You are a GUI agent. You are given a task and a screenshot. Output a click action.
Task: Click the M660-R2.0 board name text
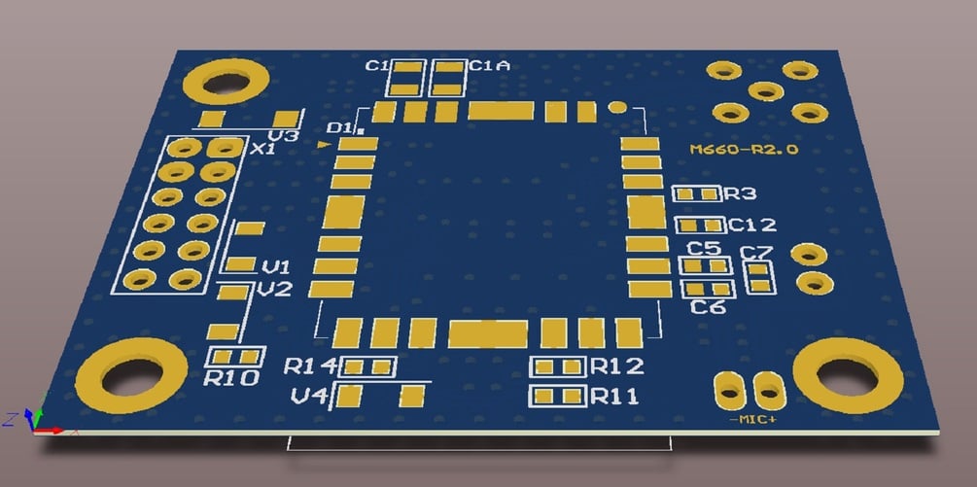[744, 150]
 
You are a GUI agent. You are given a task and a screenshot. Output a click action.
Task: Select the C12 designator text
[753, 226]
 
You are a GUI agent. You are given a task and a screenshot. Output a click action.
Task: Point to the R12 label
[617, 366]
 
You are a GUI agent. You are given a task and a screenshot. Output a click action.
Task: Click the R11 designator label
[614, 397]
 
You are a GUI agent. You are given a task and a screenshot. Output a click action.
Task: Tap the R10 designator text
[232, 378]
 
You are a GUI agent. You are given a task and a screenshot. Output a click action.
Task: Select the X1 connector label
[263, 151]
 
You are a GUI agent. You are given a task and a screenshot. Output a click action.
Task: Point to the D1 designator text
[339, 128]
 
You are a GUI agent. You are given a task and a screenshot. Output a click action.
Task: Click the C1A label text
[489, 66]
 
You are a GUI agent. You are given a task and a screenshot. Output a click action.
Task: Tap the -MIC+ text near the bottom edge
[752, 420]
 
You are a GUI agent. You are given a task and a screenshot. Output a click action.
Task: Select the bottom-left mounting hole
[132, 374]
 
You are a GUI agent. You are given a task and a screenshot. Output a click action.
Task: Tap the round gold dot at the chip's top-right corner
[616, 108]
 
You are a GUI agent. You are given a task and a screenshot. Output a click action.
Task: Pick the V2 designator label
[275, 290]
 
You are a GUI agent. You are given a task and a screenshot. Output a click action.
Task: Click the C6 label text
[709, 308]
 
